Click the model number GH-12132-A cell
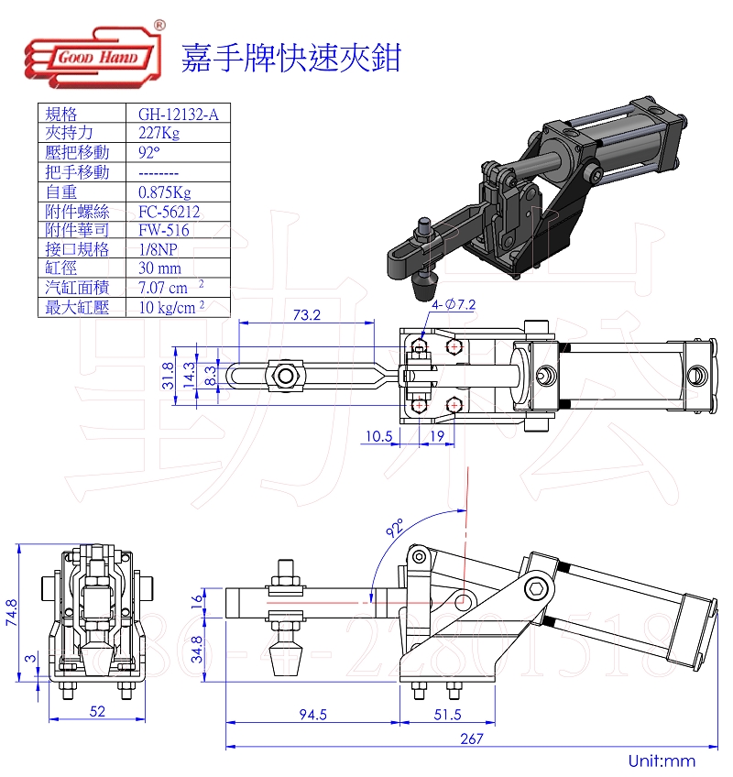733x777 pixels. [x=171, y=114]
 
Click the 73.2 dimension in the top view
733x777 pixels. [x=306, y=315]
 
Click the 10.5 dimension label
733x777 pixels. [x=377, y=437]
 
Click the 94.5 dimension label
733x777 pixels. [x=312, y=715]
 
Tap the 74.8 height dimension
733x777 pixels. [x=12, y=612]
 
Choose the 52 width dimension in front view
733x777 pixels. [x=97, y=711]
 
